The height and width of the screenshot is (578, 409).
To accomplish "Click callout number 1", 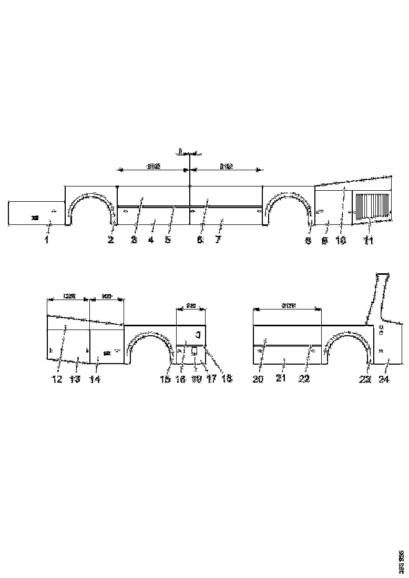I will (x=46, y=240).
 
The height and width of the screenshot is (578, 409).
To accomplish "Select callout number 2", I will (x=111, y=240).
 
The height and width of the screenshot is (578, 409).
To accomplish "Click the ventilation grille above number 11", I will (x=373, y=206).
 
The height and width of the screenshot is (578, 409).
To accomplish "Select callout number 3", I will (x=135, y=240).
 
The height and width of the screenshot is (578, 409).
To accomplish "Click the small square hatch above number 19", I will (x=193, y=350).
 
